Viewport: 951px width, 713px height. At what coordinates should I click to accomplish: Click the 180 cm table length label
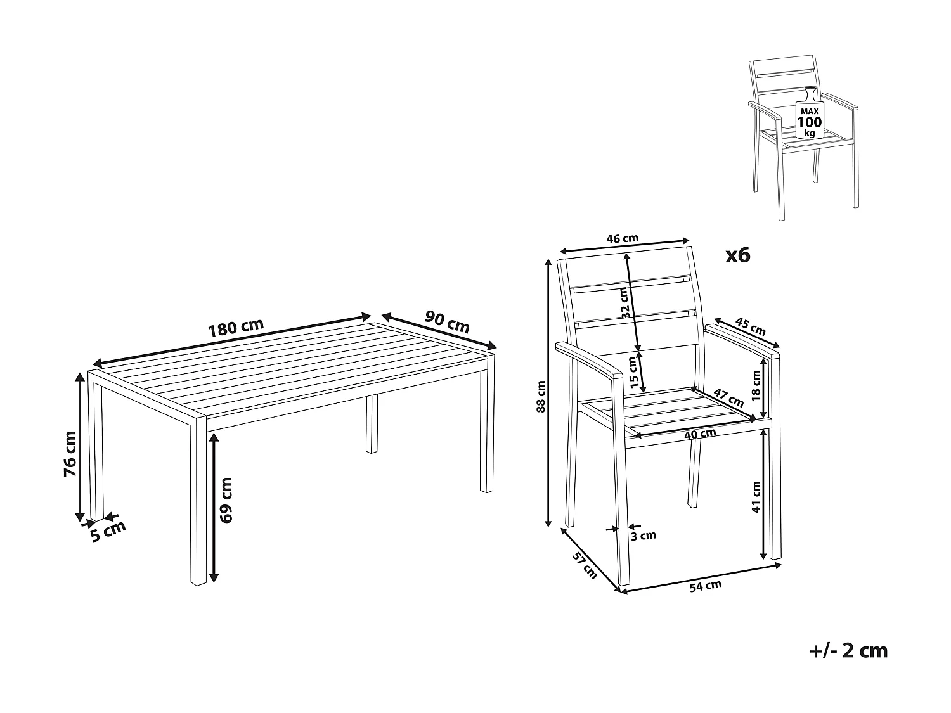tap(236, 328)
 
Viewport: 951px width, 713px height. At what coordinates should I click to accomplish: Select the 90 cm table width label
tap(447, 322)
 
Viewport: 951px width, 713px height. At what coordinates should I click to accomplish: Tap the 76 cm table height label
tap(70, 454)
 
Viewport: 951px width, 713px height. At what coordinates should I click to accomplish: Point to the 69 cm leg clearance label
tap(226, 500)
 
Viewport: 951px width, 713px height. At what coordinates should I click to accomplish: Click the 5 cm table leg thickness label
tap(108, 530)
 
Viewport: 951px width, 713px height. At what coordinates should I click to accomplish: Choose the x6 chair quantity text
tap(738, 256)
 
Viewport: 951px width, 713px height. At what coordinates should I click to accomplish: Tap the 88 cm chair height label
tap(541, 396)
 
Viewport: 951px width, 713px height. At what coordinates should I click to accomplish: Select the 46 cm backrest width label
tap(622, 238)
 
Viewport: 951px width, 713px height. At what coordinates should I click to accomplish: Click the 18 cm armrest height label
tap(756, 386)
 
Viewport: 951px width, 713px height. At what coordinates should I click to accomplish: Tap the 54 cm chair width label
tap(706, 586)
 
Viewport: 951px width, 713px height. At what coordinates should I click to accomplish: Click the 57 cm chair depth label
tap(585, 566)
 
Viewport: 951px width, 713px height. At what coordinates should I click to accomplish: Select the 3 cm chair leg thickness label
tap(644, 536)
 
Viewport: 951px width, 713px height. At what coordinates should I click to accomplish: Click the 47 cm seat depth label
tap(728, 398)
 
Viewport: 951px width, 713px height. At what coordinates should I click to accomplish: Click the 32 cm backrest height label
tap(624, 303)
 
